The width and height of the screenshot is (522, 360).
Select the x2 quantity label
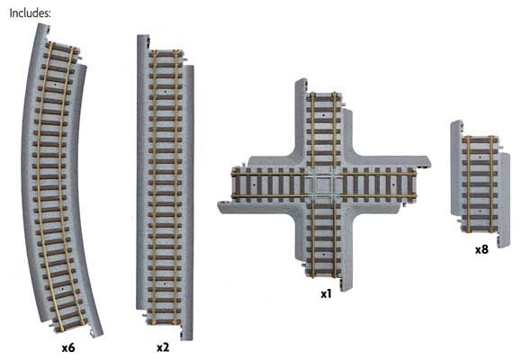(x=162, y=346)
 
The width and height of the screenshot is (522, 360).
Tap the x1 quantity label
(x=327, y=293)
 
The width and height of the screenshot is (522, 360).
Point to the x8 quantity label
(x=482, y=248)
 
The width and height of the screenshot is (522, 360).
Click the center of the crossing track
(x=324, y=184)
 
